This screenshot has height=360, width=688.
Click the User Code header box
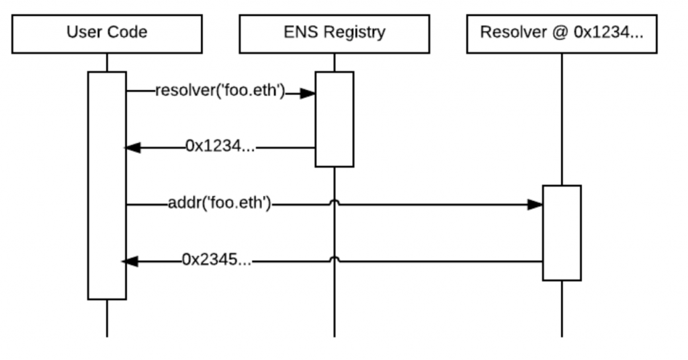click(x=107, y=33)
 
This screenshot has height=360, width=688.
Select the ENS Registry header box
click(x=334, y=33)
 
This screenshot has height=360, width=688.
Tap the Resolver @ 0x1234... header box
click(x=562, y=33)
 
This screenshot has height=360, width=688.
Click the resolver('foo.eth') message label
click(x=219, y=91)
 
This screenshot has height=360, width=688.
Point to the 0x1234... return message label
click(x=220, y=147)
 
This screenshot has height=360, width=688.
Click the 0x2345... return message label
click(x=216, y=261)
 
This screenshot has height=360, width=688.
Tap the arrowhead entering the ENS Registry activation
click(x=308, y=93)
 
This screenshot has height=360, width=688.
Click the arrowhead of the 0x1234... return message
click(x=133, y=148)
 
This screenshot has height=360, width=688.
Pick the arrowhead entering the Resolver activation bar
click(x=535, y=204)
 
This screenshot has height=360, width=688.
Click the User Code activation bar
click(x=107, y=185)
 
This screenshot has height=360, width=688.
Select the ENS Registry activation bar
click(x=334, y=119)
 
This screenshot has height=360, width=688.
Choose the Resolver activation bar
click(x=562, y=232)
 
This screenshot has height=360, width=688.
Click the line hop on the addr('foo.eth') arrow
click(x=334, y=203)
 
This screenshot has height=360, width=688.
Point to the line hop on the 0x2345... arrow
click(x=334, y=259)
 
